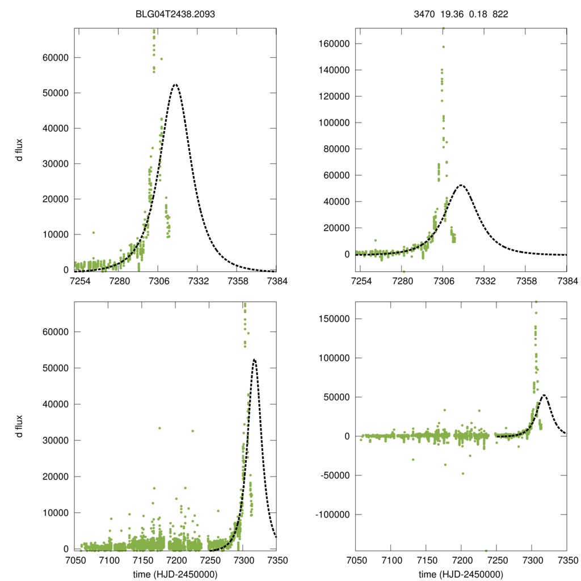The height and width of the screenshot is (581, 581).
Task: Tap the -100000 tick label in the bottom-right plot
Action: (331, 515)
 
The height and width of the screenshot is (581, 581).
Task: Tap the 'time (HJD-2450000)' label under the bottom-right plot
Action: (461, 574)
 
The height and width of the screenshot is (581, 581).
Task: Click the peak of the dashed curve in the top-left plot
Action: (175, 85)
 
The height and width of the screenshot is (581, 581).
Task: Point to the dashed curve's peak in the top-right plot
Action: (461, 185)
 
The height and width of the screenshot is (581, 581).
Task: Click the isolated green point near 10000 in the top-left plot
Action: (94, 233)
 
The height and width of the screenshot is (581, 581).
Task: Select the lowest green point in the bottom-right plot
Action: (486, 550)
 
